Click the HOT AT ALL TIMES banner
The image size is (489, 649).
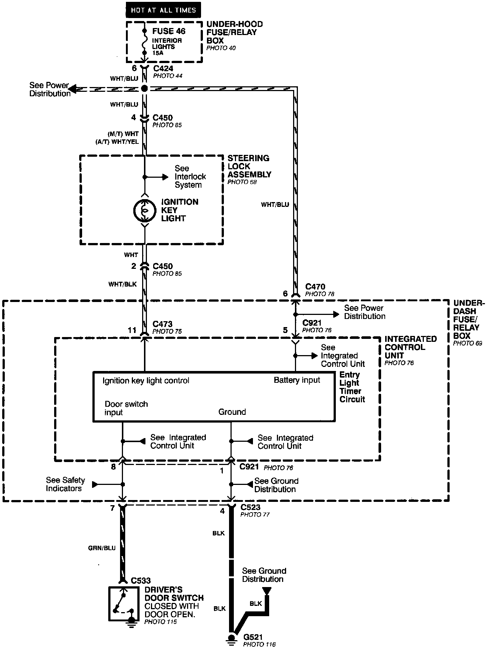click(163, 10)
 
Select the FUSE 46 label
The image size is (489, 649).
click(169, 31)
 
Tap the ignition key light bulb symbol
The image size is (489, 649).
click(144, 211)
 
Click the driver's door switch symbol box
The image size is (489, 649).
click(124, 603)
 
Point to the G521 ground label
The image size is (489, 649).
click(253, 636)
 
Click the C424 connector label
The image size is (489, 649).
click(163, 68)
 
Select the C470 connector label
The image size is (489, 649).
click(315, 287)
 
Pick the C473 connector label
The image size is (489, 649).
click(162, 324)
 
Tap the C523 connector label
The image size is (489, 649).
click(250, 507)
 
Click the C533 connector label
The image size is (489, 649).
click(141, 581)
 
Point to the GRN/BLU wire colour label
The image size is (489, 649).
click(102, 548)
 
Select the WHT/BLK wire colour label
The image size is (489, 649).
click(122, 284)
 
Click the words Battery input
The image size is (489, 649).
click(297, 380)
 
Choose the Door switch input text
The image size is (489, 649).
click(126, 408)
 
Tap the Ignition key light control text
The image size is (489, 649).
click(146, 381)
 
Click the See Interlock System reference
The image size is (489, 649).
click(190, 177)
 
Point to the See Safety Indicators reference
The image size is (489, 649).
click(65, 484)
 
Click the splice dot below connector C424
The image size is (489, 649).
click(144, 88)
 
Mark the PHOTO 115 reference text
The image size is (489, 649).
click(161, 622)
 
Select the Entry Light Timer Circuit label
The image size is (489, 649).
click(352, 387)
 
